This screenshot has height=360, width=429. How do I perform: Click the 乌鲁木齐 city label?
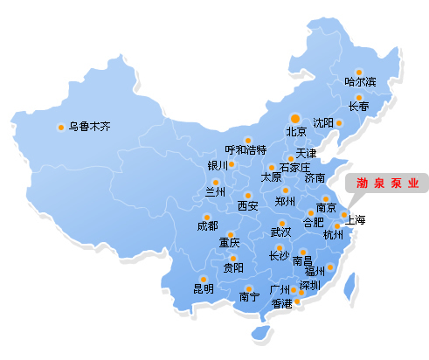[x=90, y=127]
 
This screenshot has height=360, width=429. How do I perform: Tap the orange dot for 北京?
[x=295, y=118]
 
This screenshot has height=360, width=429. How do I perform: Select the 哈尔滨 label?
[x=360, y=82]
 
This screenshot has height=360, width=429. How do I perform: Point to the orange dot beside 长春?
[x=358, y=98]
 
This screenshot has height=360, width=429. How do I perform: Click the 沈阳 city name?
[x=323, y=122]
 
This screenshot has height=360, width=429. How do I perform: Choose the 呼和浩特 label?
[x=246, y=150]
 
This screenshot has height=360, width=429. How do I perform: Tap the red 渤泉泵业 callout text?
[x=386, y=183]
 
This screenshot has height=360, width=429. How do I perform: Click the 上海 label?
[x=356, y=220]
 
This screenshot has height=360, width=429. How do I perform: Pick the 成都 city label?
[x=208, y=226]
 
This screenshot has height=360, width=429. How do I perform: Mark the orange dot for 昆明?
[x=204, y=279]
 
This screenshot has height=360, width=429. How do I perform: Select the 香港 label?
[x=281, y=304]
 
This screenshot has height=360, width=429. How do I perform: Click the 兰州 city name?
[x=215, y=192]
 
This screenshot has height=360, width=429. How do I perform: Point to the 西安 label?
[x=248, y=206]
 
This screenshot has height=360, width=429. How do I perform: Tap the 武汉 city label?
[x=281, y=232]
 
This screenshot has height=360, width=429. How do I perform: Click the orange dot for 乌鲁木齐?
[x=61, y=127]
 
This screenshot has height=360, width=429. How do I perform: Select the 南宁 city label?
[x=249, y=297]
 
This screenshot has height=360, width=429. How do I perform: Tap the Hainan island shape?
[x=259, y=332]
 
